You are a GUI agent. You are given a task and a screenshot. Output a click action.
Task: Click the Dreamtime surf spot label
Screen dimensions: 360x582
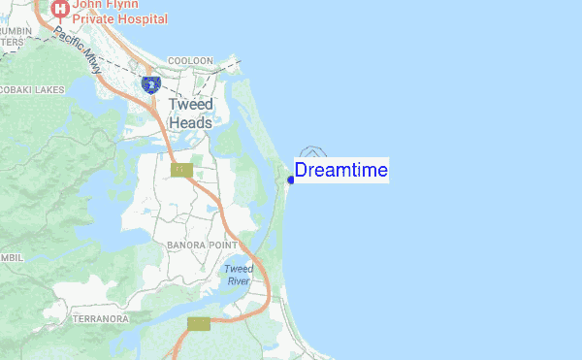(x=340, y=171)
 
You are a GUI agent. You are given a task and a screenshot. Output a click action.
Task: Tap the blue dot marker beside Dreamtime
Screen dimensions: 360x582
(x=291, y=180)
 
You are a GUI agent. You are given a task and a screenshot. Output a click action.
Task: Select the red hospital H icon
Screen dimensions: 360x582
(x=60, y=9)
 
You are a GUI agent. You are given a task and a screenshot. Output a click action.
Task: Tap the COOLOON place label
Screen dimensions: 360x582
(x=190, y=60)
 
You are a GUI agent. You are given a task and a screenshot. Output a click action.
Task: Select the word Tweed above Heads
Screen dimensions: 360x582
(x=190, y=104)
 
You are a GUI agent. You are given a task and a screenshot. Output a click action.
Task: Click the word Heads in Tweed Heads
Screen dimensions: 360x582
(x=190, y=122)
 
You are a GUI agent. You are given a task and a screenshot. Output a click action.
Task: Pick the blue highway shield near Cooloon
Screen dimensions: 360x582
(x=150, y=84)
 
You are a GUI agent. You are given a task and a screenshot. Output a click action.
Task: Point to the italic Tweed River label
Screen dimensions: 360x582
(x=238, y=275)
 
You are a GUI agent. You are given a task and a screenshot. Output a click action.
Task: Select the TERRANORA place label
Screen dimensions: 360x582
(x=100, y=318)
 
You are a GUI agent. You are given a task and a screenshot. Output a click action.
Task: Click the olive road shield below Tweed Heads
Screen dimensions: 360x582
(x=181, y=170)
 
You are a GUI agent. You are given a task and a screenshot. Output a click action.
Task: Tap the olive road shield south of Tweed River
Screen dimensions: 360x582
(x=199, y=323)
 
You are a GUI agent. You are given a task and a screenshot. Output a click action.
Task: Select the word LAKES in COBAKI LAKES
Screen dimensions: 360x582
(x=48, y=89)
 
